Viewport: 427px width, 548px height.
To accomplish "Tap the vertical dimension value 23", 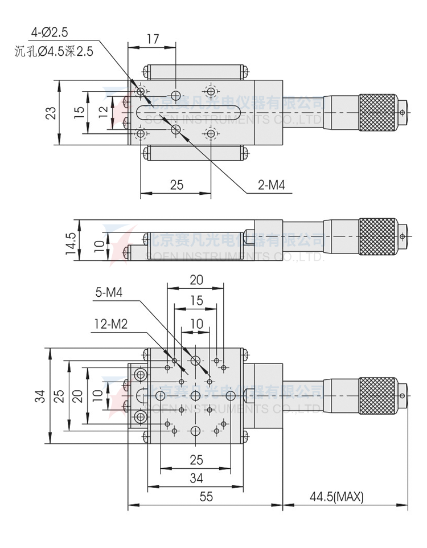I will [x=51, y=112].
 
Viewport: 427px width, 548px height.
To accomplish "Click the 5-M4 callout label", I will [x=109, y=293].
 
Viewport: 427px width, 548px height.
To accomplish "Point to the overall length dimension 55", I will [x=206, y=497].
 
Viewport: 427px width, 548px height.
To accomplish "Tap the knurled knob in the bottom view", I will [x=377, y=395].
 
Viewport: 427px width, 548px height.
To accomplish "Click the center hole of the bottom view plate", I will [x=195, y=395].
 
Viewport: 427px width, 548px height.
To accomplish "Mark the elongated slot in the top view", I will [x=188, y=112].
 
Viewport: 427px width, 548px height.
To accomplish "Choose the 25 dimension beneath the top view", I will [x=176, y=185].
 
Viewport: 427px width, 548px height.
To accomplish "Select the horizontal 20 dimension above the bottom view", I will [x=196, y=280].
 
